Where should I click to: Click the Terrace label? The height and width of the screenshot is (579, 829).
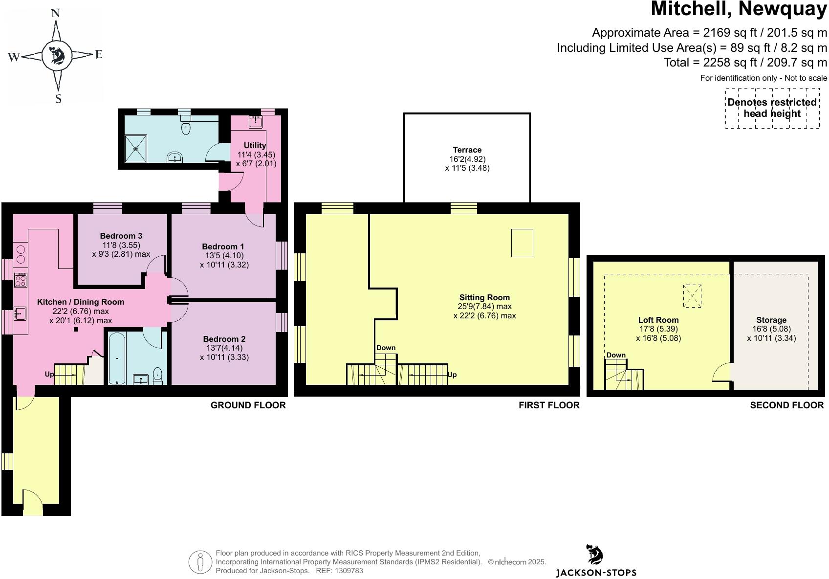tap(467, 150)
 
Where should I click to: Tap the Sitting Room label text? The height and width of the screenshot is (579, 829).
tap(484, 297)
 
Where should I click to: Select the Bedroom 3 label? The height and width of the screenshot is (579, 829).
tap(121, 236)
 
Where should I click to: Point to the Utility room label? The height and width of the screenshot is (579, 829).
tap(255, 145)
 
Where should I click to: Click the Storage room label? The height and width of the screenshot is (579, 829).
tap(771, 320)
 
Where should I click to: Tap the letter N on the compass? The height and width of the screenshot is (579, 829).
tap(56, 13)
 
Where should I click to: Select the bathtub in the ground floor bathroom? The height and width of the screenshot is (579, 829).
tap(117, 358)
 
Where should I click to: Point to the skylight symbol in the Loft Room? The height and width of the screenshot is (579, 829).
tap(692, 296)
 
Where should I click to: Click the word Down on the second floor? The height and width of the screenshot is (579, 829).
tap(616, 355)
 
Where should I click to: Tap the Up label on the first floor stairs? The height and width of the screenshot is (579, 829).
tap(452, 375)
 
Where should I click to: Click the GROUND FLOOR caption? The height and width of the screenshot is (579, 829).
tap(248, 405)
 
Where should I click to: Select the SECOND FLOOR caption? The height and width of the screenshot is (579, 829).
tap(786, 405)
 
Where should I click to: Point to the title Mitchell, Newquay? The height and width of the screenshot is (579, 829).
tap(739, 10)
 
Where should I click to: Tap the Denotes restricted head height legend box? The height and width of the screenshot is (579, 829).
tap(772, 108)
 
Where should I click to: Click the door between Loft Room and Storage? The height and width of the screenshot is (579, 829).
tap(722, 373)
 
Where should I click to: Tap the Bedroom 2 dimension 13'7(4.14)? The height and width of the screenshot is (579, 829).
tap(224, 348)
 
